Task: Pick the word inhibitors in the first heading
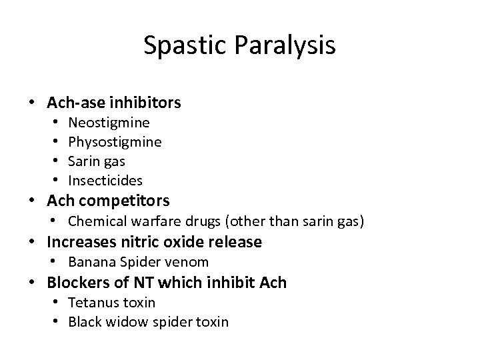(148, 103)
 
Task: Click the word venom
(191, 262)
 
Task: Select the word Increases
(79, 241)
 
